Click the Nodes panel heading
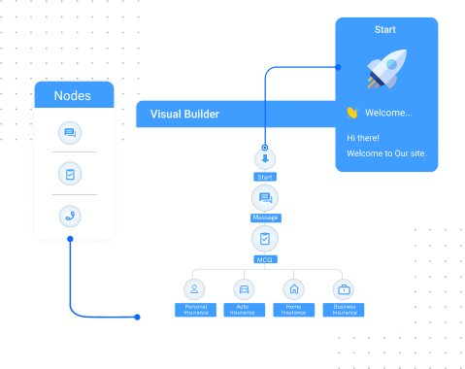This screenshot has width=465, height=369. [x=72, y=95]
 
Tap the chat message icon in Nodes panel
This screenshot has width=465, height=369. [x=70, y=132]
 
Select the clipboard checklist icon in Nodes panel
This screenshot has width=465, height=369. [x=70, y=174]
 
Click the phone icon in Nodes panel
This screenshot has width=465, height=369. [x=70, y=217]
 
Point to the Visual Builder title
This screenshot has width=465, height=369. [x=184, y=115]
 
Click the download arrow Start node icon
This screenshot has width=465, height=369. [x=265, y=159]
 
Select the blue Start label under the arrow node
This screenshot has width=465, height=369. [x=265, y=178]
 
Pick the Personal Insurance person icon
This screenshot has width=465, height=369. [x=194, y=288]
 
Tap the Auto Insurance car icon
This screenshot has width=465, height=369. [x=243, y=288]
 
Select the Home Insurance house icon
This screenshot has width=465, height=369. [x=292, y=288]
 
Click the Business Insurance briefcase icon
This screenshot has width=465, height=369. [x=343, y=288]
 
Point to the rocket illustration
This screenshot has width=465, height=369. [x=385, y=70]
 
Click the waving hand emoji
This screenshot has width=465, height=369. [x=352, y=113]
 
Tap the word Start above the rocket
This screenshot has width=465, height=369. [x=385, y=30]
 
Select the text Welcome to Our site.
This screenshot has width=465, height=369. [x=385, y=153]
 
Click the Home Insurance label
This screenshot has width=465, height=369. [x=292, y=310]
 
